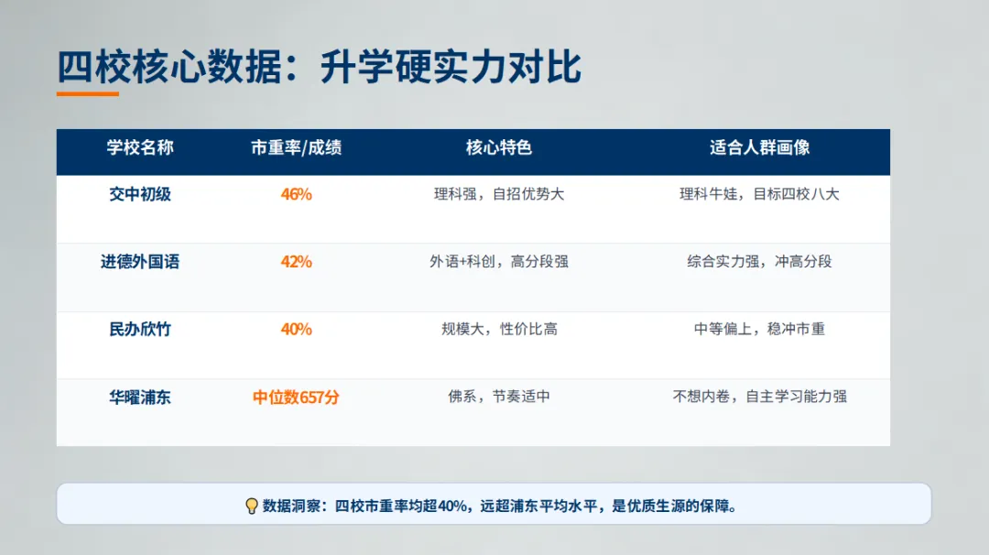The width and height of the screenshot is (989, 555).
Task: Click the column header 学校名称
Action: point(140,147)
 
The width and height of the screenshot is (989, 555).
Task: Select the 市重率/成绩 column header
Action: point(296,147)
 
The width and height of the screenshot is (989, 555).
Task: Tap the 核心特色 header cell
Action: point(499,147)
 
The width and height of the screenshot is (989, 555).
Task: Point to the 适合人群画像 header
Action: point(759,147)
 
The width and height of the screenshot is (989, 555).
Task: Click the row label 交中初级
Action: point(140,194)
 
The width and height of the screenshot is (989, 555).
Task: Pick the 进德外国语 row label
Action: point(140,262)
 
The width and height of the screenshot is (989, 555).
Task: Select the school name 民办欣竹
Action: point(140,330)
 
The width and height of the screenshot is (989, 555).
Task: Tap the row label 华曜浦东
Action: point(140,397)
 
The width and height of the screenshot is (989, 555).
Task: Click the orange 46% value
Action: point(296,194)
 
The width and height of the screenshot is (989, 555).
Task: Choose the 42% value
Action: point(296,262)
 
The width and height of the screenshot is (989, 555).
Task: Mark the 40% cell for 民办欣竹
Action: point(296,330)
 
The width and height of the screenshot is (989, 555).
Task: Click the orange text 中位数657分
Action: point(296,397)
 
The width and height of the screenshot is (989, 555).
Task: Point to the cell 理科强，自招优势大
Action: point(499,194)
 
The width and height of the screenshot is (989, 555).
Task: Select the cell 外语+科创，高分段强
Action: point(499,262)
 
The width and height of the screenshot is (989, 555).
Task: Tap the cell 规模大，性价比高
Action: point(499,330)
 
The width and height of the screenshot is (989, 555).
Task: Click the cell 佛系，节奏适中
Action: point(499,397)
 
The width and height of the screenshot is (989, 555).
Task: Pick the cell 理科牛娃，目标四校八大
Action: point(759,194)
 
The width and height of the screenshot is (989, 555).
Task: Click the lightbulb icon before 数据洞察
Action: point(252,506)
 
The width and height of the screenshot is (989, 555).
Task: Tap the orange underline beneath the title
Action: point(88,93)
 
